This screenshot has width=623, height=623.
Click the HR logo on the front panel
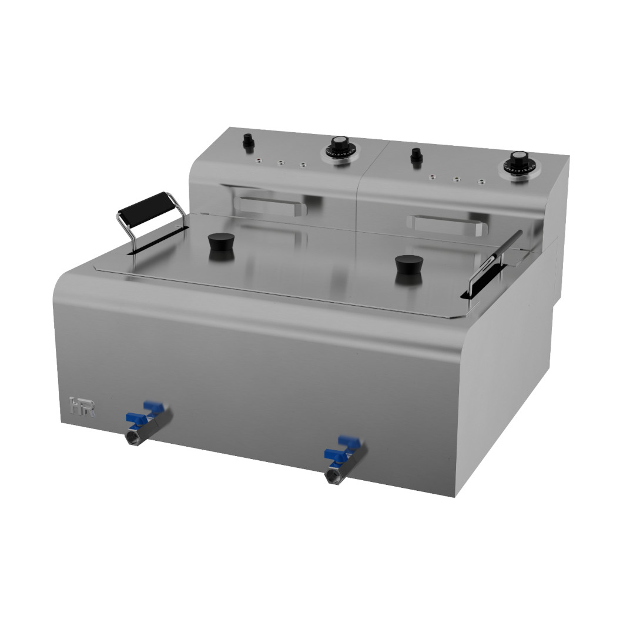click(x=82, y=407)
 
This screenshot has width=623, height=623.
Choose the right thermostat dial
click(x=518, y=160)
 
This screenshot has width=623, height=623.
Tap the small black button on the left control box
click(x=247, y=142)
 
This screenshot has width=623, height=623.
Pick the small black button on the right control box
click(x=416, y=156)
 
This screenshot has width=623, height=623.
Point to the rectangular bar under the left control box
click(x=272, y=206)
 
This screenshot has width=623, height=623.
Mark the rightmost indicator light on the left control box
click(x=303, y=165)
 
